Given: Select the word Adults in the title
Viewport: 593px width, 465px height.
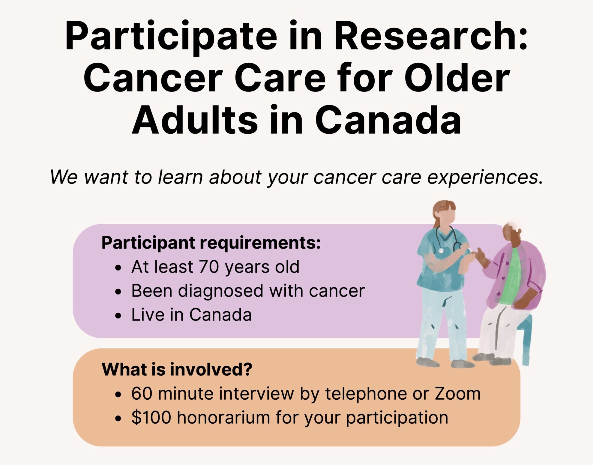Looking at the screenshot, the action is click(195, 120).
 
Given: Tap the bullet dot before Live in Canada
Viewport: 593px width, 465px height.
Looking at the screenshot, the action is click(118, 316).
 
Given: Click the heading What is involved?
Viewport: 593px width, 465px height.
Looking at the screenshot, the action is click(177, 369).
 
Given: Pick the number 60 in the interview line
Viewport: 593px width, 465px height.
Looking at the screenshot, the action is click(142, 393).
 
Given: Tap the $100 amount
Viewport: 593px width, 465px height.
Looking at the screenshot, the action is click(151, 417).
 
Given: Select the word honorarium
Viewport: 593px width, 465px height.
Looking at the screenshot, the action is click(223, 417).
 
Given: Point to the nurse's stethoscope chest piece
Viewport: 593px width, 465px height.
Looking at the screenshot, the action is click(441, 250).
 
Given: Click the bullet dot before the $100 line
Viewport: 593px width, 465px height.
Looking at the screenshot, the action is click(118, 418).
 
